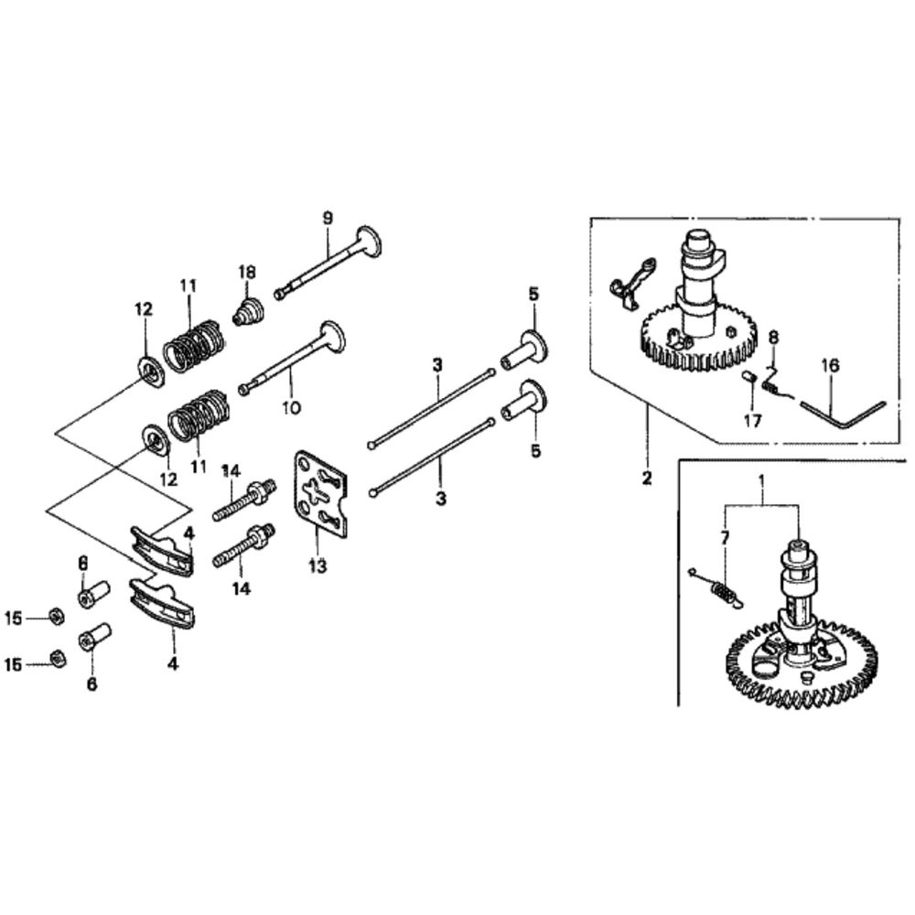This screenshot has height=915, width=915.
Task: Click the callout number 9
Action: tap(328, 219)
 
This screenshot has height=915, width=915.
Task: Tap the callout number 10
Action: tap(291, 407)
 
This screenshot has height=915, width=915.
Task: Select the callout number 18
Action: tap(247, 272)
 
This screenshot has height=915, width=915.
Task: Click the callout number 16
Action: tap(831, 366)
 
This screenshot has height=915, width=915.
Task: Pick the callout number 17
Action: tap(753, 420)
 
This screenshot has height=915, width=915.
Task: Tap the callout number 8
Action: tap(773, 338)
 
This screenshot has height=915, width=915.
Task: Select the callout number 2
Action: tap(647, 479)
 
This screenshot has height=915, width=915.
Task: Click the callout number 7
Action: tap(726, 539)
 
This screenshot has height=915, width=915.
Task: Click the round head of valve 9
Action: tap(370, 241)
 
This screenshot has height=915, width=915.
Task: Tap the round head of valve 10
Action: tap(332, 337)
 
